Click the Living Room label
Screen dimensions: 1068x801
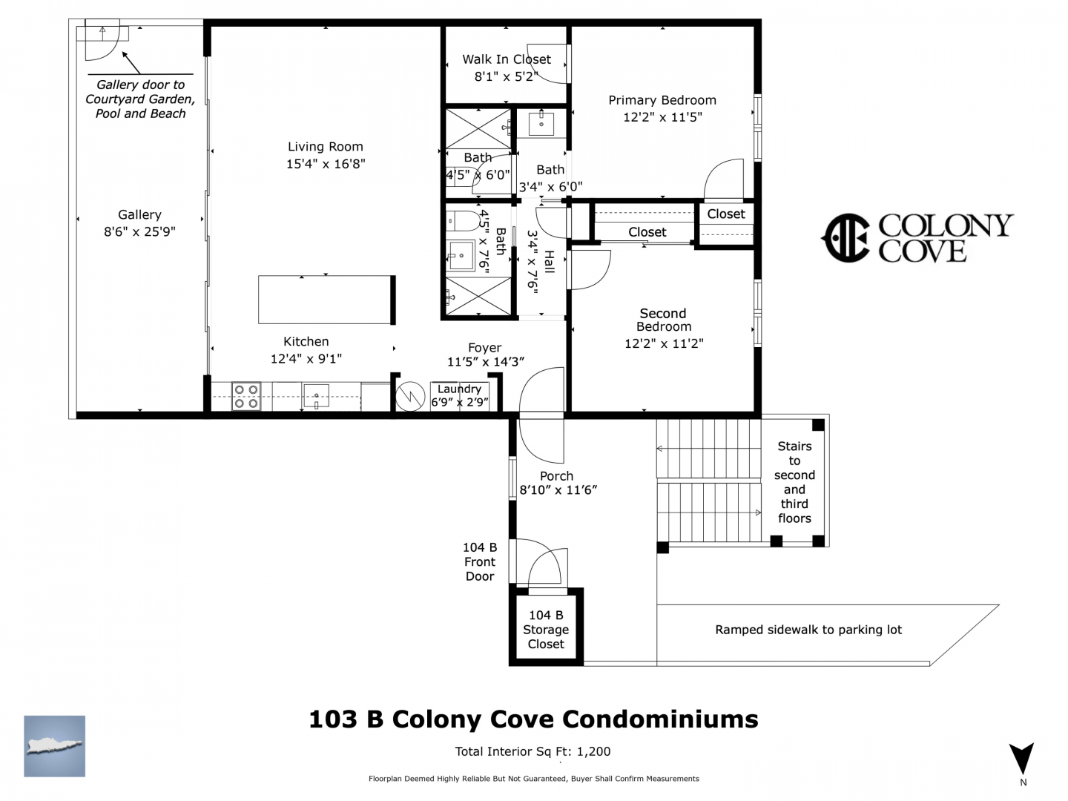pos(325,146)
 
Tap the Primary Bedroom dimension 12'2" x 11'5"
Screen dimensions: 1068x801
pos(662,117)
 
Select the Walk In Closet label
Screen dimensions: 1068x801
pos(506,59)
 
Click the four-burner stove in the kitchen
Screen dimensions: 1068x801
pos(245,396)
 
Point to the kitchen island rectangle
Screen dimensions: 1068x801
pos(325,300)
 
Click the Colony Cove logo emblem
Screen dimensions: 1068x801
pos(845,238)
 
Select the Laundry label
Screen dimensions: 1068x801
pos(459,389)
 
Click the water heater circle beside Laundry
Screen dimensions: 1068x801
pos(410,396)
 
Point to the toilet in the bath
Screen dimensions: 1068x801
pos(463,222)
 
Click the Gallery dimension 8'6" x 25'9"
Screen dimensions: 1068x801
pos(139,231)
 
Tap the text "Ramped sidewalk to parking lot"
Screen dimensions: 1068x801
pos(808,630)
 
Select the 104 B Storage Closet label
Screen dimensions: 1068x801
pos(545,630)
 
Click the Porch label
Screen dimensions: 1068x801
pos(556,475)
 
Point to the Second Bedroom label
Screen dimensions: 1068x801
pos(663,320)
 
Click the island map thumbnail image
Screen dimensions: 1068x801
pos(54,746)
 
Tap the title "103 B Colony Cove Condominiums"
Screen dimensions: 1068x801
pos(533,719)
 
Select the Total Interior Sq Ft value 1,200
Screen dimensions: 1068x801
pos(593,751)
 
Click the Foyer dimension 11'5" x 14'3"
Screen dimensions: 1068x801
pos(485,362)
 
